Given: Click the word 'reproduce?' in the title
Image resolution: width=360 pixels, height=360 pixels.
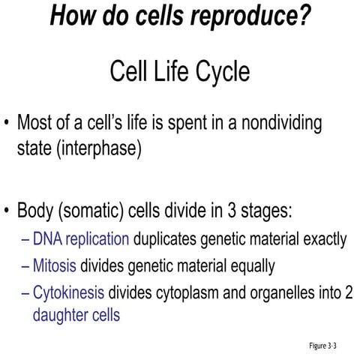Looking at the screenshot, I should [x=250, y=16].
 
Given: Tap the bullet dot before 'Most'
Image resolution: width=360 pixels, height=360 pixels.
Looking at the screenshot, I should [x=7, y=123].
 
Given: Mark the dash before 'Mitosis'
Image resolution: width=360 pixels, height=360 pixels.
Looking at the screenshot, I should [x=27, y=265].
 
